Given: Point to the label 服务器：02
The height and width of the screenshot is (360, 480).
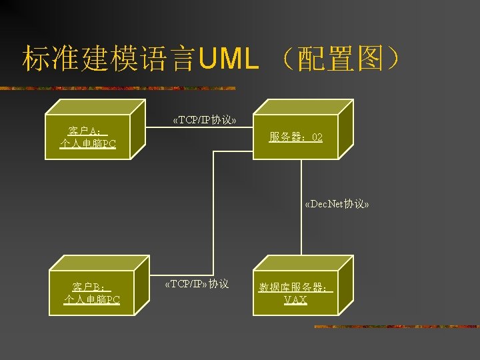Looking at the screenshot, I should coord(296,137).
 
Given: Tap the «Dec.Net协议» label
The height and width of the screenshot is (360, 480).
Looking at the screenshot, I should coord(336,204).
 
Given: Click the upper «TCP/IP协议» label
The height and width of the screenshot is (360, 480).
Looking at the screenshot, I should coord(203,120).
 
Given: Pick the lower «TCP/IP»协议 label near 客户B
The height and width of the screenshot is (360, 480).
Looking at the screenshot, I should coord(196,284).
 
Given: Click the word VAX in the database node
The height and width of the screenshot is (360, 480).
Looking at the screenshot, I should coord(295,300).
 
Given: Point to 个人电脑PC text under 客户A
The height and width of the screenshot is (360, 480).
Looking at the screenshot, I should coord(87,144).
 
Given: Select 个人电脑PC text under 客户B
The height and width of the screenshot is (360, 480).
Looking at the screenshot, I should coord(92,300).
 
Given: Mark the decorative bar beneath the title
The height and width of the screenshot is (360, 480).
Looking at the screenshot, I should coord(120,88).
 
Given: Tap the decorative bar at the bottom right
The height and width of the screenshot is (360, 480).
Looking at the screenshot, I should coord(393,327).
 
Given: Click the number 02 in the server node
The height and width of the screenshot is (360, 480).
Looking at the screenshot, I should coord(317,137).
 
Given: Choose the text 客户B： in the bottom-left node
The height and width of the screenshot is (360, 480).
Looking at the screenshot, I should coord(91,287).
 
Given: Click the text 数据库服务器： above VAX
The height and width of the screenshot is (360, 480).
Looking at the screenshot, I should coord(295,287).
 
